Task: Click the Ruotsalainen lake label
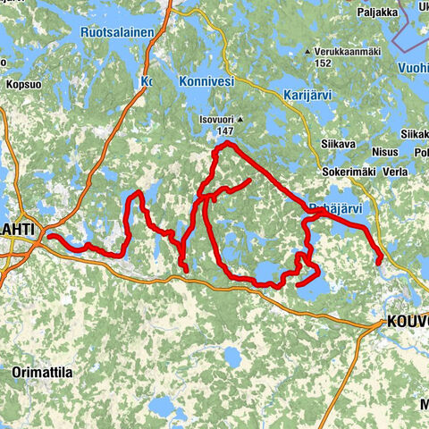point(118,32)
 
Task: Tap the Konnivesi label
point(205,80)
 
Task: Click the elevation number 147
point(224,130)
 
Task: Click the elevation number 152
point(323,63)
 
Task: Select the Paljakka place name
point(377,13)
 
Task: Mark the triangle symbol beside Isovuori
point(241,117)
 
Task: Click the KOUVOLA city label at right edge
point(407,322)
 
